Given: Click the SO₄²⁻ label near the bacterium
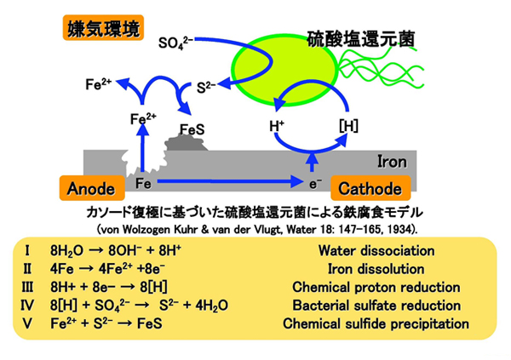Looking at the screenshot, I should (x=177, y=41).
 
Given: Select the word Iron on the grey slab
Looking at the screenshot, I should (x=391, y=159).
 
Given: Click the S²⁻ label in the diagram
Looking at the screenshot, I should (x=205, y=86).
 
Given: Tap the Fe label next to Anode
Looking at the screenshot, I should (x=143, y=182).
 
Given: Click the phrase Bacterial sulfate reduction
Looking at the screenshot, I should (x=376, y=305).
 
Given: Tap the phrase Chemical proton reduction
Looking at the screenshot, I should (x=376, y=287).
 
